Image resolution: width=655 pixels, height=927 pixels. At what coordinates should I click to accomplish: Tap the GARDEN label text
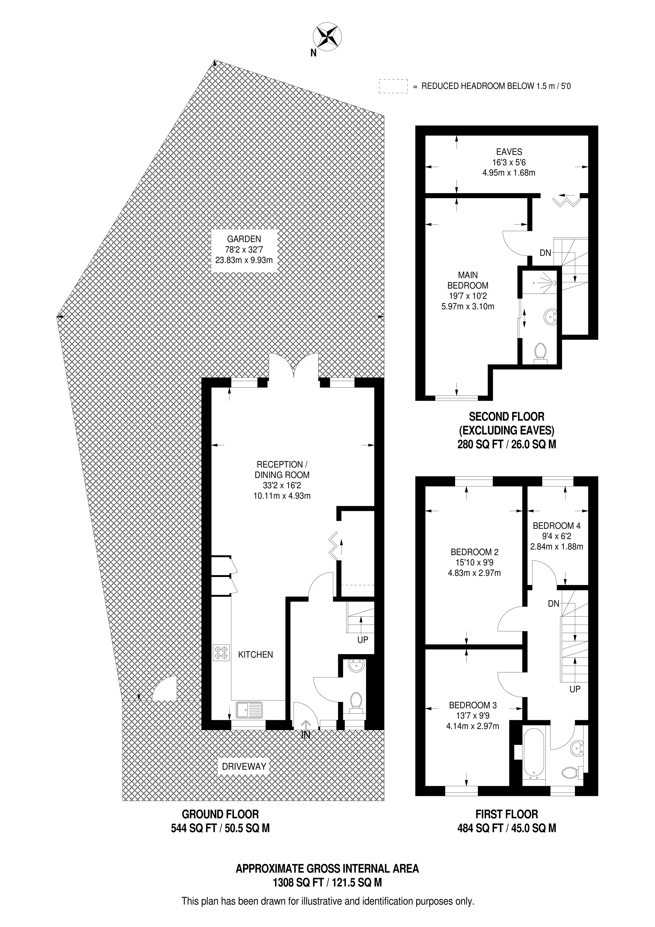click(x=244, y=239)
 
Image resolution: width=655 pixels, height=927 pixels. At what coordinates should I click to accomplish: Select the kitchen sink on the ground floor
click(x=248, y=710)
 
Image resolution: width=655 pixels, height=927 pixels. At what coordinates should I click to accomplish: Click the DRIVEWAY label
click(x=244, y=766)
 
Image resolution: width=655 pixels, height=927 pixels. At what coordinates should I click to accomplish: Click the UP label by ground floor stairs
click(x=362, y=640)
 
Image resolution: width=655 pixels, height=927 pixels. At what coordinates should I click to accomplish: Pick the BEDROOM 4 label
click(x=556, y=526)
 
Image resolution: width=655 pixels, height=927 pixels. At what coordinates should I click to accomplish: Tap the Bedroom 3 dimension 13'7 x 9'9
click(x=472, y=716)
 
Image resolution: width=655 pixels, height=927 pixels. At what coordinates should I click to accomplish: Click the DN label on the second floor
click(x=545, y=253)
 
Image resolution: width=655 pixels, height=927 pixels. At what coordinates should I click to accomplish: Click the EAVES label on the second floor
click(x=509, y=152)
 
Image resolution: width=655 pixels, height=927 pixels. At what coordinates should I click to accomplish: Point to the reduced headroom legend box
click(x=393, y=86)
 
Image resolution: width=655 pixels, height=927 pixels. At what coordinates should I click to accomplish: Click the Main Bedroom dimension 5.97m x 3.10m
click(x=468, y=307)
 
